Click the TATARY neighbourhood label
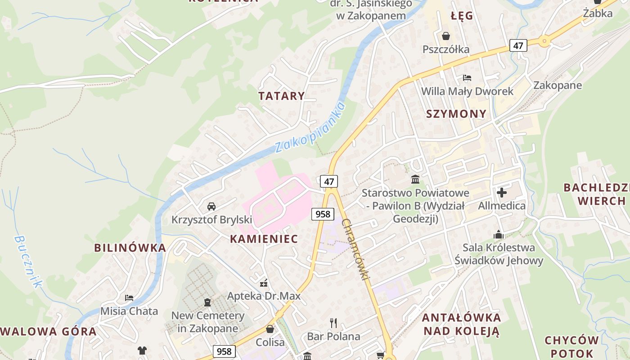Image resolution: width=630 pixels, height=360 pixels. [x=282, y=96]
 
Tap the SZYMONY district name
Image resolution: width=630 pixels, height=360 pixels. [x=456, y=114]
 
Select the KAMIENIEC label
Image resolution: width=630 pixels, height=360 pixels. [x=264, y=239]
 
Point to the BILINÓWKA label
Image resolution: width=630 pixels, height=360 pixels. [x=130, y=247]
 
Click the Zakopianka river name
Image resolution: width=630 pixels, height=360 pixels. [x=310, y=127]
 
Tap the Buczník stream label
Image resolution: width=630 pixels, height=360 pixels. [x=27, y=261]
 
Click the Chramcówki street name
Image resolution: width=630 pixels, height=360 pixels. [x=355, y=249]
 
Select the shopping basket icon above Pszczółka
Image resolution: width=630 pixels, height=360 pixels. [x=446, y=36]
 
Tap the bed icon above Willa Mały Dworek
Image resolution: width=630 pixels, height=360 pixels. [x=467, y=78]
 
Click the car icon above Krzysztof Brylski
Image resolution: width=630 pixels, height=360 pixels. [x=211, y=207]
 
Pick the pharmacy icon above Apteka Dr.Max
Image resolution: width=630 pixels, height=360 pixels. [x=264, y=283]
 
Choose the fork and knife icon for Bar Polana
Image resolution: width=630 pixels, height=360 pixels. [x=333, y=323]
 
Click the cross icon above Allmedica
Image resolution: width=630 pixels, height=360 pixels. [x=502, y=193]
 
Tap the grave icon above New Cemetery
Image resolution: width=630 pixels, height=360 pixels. [x=207, y=302]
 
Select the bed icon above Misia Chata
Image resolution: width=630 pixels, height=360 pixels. [x=129, y=297]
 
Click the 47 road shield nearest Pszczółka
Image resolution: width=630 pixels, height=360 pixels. [x=518, y=45]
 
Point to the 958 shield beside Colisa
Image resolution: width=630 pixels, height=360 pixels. [x=224, y=351]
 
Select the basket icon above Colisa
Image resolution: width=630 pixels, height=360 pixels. [x=270, y=329]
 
